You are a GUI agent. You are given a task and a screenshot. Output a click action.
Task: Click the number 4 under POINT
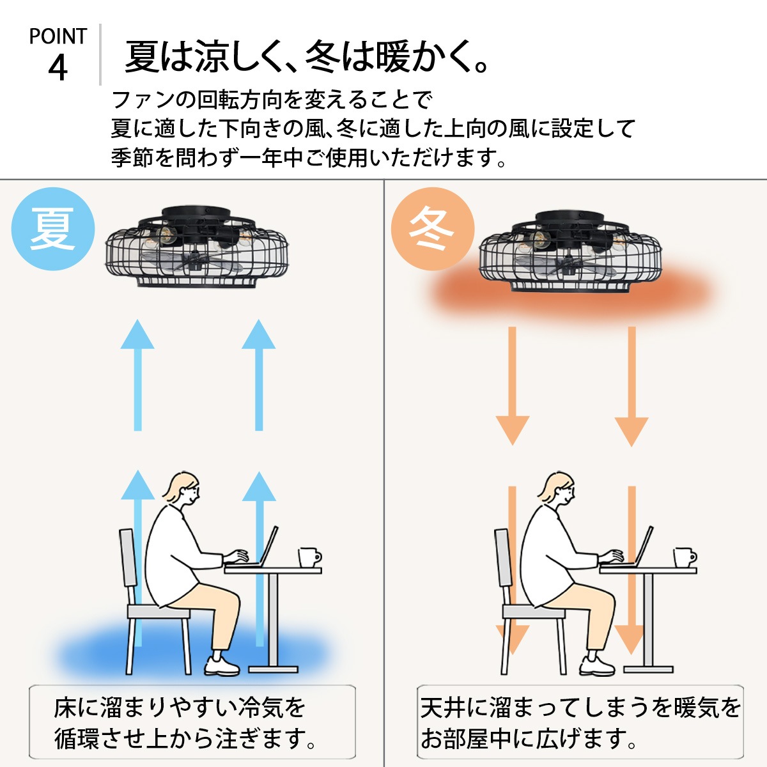[x=58, y=67]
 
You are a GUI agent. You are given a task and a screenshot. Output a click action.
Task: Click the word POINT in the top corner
[x=58, y=36]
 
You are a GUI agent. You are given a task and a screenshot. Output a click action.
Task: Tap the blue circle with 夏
[x=54, y=229]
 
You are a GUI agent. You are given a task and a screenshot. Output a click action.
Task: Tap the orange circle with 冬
[x=433, y=229]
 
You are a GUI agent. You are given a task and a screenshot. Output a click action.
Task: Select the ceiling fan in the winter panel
[x=570, y=252]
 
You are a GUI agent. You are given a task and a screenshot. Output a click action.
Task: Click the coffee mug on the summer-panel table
[x=309, y=557]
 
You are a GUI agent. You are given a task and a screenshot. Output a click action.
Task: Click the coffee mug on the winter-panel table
[x=683, y=557]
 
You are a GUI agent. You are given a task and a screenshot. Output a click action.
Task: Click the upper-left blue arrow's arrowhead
[x=137, y=336]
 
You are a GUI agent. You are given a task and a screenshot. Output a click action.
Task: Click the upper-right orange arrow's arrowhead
[x=631, y=431]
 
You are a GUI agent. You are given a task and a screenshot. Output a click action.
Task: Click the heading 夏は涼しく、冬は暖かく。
[x=307, y=56]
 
